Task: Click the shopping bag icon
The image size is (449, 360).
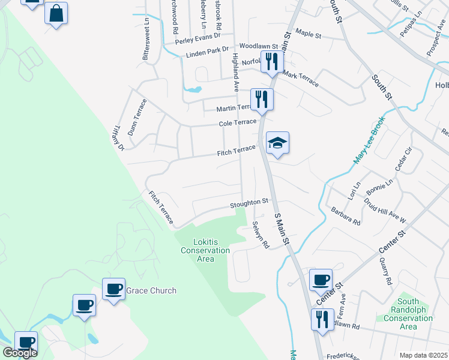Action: tap(56, 13)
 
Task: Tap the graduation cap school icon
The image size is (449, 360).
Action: tap(277, 143)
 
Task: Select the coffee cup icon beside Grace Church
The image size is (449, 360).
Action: tap(113, 289)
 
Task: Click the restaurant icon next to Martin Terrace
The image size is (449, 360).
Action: tap(261, 99)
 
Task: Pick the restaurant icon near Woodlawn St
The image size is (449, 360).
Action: tap(271, 61)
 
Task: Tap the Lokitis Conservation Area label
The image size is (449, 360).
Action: tap(205, 250)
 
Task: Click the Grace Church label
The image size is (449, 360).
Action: tap(151, 291)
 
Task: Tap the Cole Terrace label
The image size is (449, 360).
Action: tap(237, 122)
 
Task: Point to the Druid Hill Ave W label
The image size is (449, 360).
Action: tap(384, 209)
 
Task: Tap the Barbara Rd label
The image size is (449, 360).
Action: tap(345, 216)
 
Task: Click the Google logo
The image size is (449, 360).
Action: tap(20, 353)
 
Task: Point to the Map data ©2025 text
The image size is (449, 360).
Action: tap(423, 355)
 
